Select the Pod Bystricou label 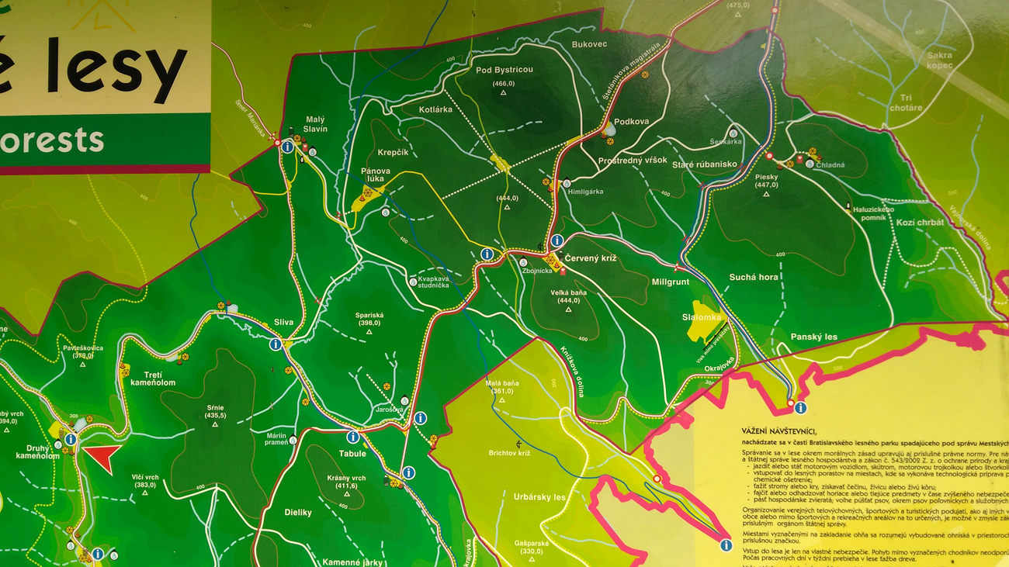point(504,70)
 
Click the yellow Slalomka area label point(702,317)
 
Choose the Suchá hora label point(753,277)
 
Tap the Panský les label point(814,337)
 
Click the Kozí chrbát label point(921,223)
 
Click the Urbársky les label point(539,496)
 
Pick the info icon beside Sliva point(276,344)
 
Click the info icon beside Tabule point(353,437)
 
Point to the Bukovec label point(589,44)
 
